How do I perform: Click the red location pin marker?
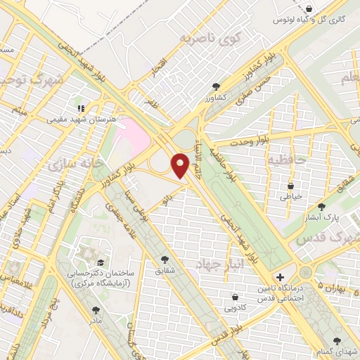pyautogui.click(x=181, y=166)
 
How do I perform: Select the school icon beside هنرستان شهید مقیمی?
pyautogui.click(x=80, y=108)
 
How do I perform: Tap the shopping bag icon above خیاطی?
pyautogui.click(x=290, y=186)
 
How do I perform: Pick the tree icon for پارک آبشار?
pyautogui.click(x=322, y=207)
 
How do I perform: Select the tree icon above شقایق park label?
pyautogui.click(x=165, y=259)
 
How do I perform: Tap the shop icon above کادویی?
pyautogui.click(x=234, y=296)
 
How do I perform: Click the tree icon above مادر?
pyautogui.click(x=96, y=309)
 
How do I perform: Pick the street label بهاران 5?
pyautogui.click(x=333, y=286)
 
